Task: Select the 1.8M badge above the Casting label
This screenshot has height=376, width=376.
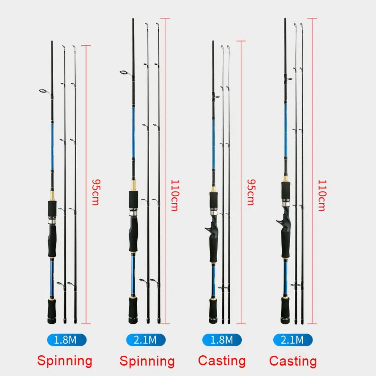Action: tap(222, 340)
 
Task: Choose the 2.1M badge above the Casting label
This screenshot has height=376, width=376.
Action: tap(292, 340)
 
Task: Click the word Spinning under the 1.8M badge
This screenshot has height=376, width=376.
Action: tap(65, 361)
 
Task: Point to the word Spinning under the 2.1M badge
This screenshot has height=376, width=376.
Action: tap(147, 361)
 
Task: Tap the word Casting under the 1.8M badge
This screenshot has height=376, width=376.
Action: tap(222, 361)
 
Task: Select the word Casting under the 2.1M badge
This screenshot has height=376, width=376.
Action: tap(293, 361)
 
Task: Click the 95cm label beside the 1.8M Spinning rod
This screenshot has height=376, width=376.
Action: tap(96, 191)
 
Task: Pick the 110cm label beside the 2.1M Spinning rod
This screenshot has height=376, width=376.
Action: tap(174, 196)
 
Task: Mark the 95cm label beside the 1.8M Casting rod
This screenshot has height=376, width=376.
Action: tap(250, 191)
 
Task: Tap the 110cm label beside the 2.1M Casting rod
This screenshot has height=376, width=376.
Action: tap(322, 196)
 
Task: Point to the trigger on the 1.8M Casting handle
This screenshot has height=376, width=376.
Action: tap(207, 228)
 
